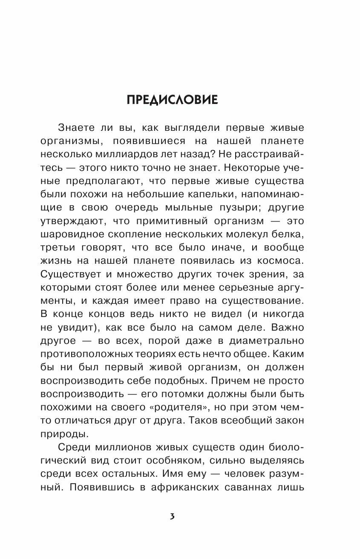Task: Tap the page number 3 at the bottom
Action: (172, 516)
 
